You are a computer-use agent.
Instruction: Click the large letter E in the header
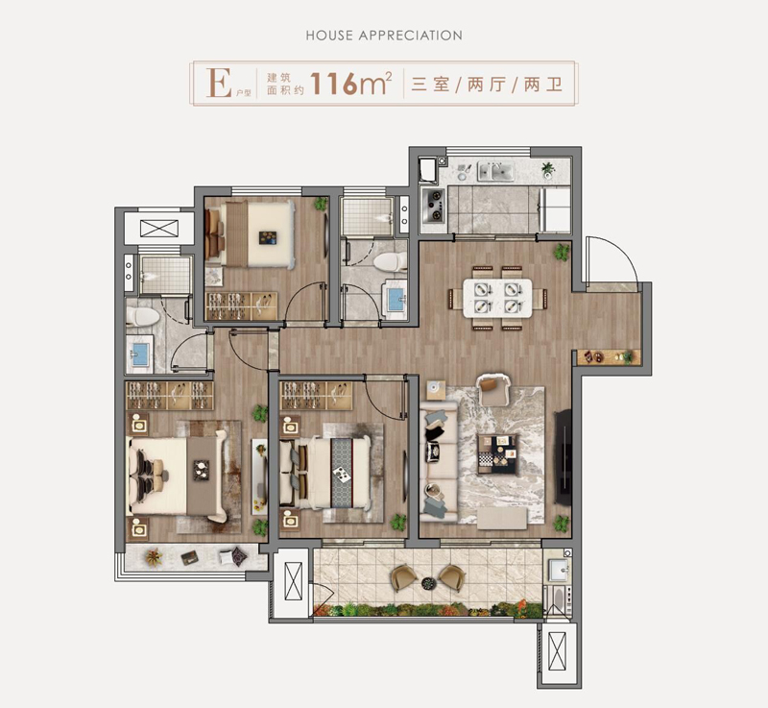(219, 84)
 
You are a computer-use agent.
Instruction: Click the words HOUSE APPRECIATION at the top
(384, 36)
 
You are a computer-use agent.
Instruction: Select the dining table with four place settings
(497, 298)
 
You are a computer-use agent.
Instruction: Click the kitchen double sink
(495, 172)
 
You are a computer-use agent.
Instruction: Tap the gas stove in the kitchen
(434, 206)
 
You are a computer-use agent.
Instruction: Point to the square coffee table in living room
(497, 454)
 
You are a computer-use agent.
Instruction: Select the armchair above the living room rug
(493, 389)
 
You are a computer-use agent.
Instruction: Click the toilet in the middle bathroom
(391, 261)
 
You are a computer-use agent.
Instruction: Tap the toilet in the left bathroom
(142, 316)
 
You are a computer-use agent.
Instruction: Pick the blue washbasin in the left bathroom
(139, 353)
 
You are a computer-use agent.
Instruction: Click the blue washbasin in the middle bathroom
(395, 299)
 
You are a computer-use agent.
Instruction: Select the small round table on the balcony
(428, 582)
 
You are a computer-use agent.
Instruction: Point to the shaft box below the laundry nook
(558, 651)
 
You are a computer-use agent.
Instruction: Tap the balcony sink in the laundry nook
(558, 571)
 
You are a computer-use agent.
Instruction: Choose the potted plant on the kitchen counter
(548, 169)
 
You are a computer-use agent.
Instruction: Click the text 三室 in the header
(431, 85)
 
